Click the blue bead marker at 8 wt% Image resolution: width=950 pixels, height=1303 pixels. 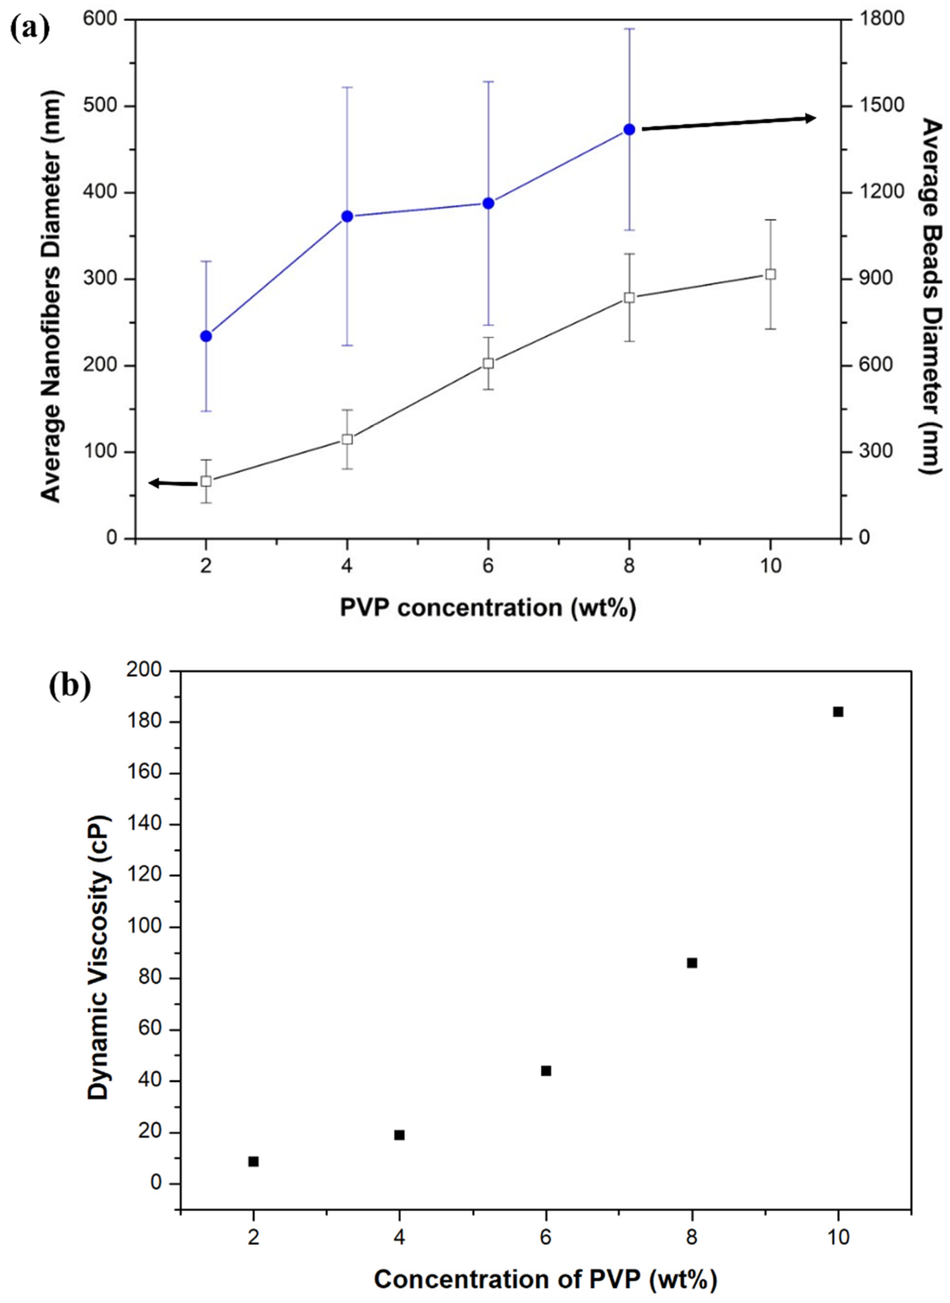point(629,129)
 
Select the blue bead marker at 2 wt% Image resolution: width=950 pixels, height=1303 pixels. point(206,336)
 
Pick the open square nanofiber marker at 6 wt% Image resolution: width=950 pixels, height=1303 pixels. point(488,364)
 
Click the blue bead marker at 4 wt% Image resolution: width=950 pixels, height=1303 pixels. point(347,216)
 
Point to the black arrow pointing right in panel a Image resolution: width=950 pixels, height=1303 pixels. point(728,124)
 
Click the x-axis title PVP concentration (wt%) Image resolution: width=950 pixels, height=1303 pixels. point(487,608)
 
